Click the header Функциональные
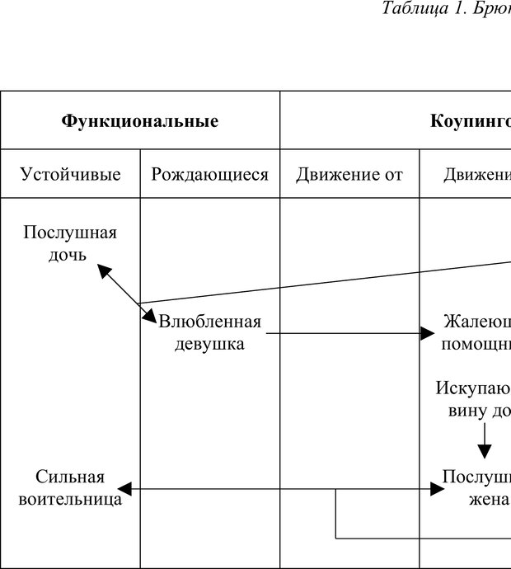pyautogui.click(x=140, y=121)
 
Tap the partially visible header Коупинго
pyautogui.click(x=470, y=121)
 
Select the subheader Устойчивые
pyautogui.click(x=70, y=174)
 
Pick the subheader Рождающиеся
pyautogui.click(x=210, y=174)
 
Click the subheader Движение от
pyautogui.click(x=349, y=174)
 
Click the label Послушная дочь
pyautogui.click(x=70, y=243)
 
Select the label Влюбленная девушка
pyautogui.click(x=210, y=332)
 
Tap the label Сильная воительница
pyautogui.click(x=70, y=488)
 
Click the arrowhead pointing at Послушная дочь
pyautogui.click(x=103, y=269)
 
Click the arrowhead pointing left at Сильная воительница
pyautogui.click(x=124, y=490)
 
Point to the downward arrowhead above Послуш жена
pyautogui.click(x=485, y=451)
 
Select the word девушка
pyautogui.click(x=210, y=344)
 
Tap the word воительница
pyautogui.click(x=70, y=499)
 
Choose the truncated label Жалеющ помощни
pyautogui.click(x=476, y=332)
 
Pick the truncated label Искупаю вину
pyautogui.click(x=475, y=399)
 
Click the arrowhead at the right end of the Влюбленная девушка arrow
pyautogui.click(x=427, y=333)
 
